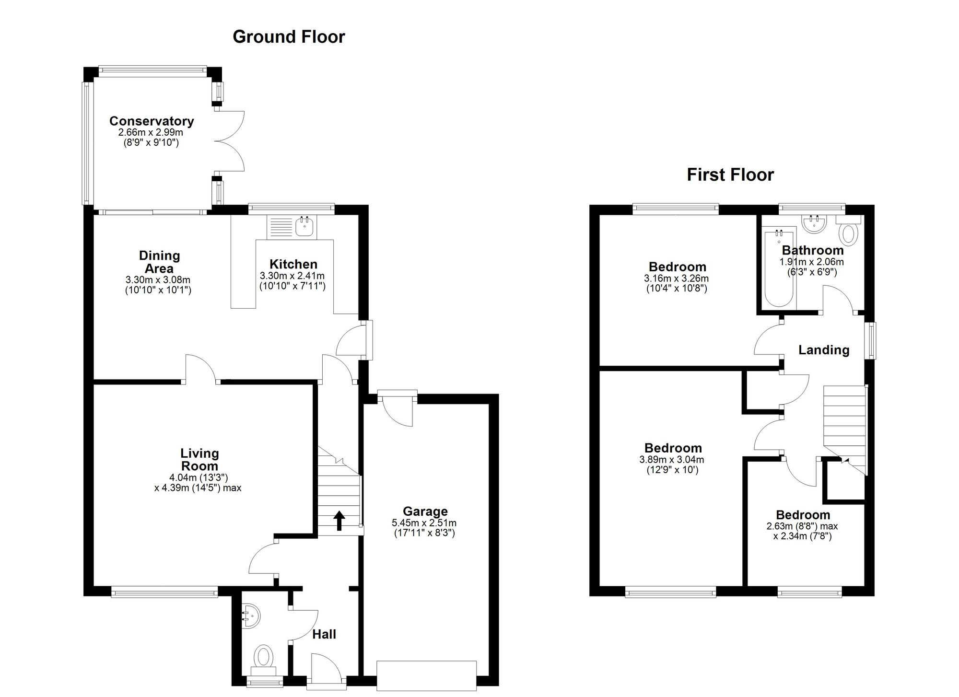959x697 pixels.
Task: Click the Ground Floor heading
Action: click(x=289, y=37)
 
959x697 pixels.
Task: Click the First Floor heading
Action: click(x=730, y=174)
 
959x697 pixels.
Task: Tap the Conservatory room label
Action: click(x=152, y=121)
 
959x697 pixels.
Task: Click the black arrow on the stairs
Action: click(x=339, y=521)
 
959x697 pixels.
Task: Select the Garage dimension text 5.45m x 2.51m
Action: click(x=424, y=523)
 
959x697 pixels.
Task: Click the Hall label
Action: click(x=324, y=634)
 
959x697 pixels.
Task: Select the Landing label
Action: click(x=823, y=350)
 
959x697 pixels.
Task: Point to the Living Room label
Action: click(x=199, y=459)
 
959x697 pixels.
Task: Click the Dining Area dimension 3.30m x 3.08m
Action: click(x=158, y=280)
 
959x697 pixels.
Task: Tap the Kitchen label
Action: click(x=293, y=264)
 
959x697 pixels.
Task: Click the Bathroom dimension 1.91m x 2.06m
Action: click(x=811, y=262)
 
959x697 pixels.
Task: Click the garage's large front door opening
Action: click(x=426, y=675)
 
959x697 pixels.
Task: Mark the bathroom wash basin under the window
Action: click(x=813, y=224)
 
